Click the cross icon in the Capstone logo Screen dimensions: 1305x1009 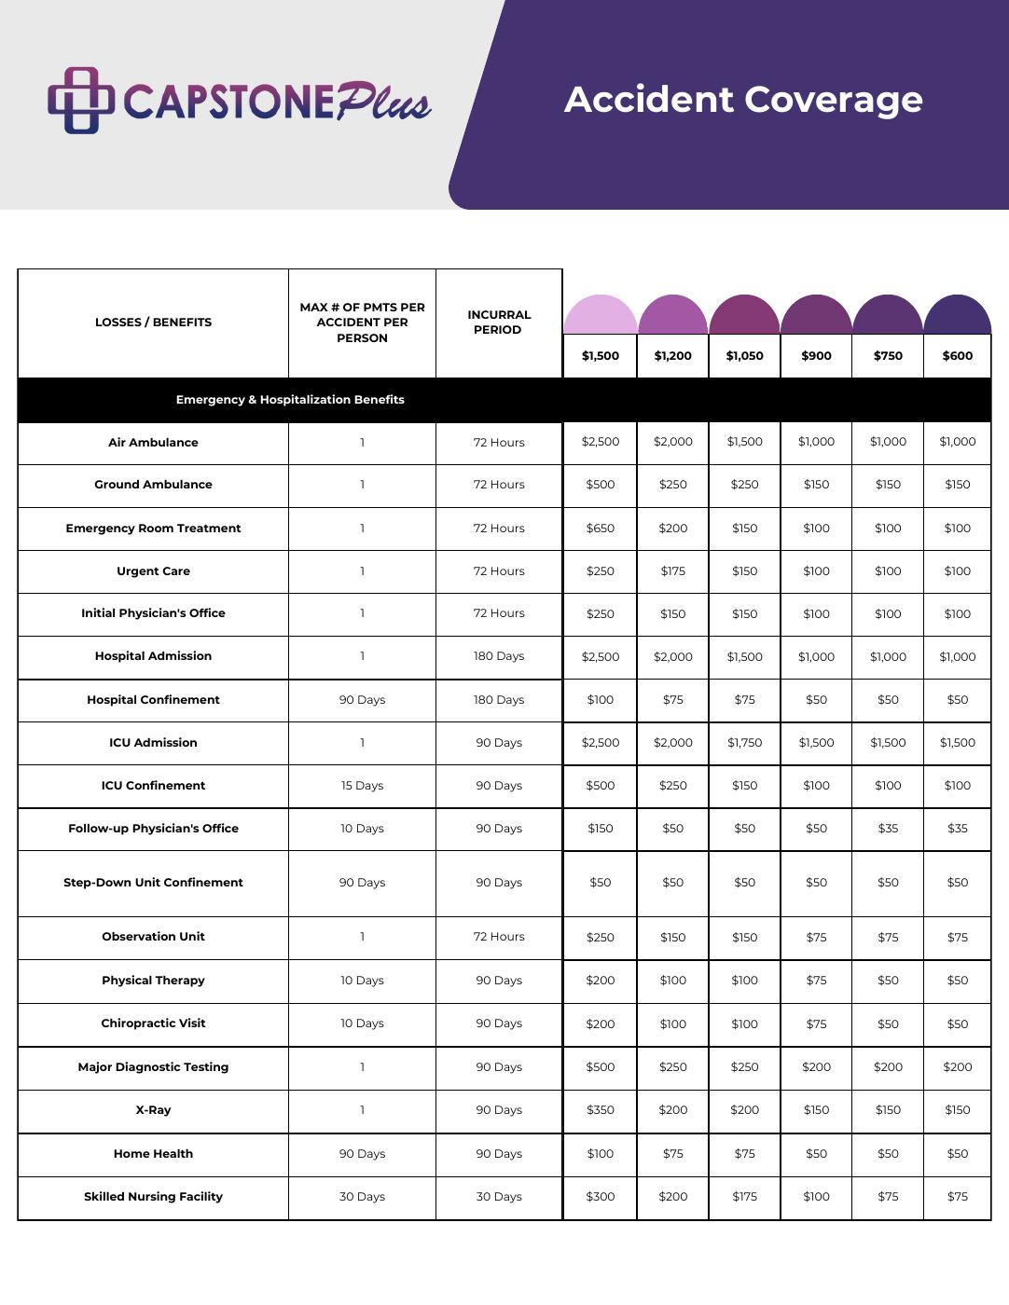(x=80, y=100)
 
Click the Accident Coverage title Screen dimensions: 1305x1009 (x=743, y=100)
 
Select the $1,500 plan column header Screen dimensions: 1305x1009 (x=601, y=355)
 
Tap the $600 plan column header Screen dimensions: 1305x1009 (x=958, y=355)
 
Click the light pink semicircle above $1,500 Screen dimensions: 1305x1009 (x=601, y=315)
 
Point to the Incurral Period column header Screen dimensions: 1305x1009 (x=499, y=323)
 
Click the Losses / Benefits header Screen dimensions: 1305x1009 (x=153, y=323)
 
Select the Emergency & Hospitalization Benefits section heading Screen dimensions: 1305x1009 (x=290, y=400)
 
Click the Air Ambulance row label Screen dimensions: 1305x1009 (x=153, y=443)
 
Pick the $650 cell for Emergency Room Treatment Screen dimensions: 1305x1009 (x=601, y=529)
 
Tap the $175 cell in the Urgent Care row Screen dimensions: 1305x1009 (x=672, y=571)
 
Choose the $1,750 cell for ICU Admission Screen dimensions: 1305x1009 (x=744, y=743)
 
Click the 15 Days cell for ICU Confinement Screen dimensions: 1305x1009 (x=362, y=786)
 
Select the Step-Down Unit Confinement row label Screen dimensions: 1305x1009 (x=153, y=883)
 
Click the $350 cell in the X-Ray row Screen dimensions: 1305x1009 (x=601, y=1110)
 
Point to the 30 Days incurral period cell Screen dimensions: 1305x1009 (x=499, y=1197)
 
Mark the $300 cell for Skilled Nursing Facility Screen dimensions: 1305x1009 (x=601, y=1197)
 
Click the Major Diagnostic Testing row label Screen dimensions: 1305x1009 (x=153, y=1067)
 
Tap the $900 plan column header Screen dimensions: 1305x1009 (x=816, y=355)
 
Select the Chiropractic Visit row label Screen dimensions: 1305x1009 (x=153, y=1023)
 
